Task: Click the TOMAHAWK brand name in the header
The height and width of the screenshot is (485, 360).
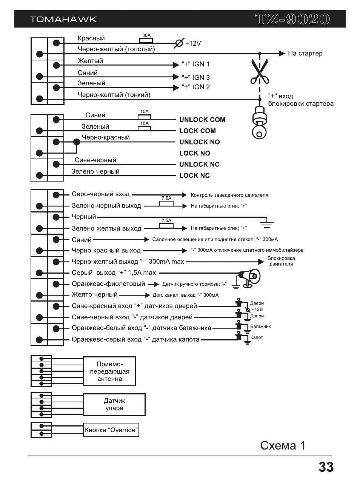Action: click(x=63, y=19)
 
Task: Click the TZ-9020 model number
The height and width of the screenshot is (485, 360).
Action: click(x=292, y=19)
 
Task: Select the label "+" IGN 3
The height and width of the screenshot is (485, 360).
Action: click(x=195, y=77)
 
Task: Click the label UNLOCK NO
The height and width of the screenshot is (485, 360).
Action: click(x=199, y=142)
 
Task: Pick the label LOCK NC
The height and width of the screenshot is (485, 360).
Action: click(x=194, y=176)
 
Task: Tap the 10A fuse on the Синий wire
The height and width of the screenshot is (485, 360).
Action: click(x=144, y=117)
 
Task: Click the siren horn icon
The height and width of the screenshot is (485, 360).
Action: click(x=249, y=277)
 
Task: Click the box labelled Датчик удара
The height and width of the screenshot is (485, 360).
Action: click(x=114, y=405)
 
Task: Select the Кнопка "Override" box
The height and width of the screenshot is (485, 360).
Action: click(x=111, y=430)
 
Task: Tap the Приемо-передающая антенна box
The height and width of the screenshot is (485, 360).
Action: click(x=109, y=371)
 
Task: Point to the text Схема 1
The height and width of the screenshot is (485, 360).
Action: click(x=283, y=446)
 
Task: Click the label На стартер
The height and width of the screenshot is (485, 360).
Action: click(x=305, y=54)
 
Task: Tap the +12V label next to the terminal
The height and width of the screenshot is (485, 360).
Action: click(x=193, y=43)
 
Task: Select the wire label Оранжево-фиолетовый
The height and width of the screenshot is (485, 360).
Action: click(x=108, y=284)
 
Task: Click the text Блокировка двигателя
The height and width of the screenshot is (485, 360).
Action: click(x=281, y=261)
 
